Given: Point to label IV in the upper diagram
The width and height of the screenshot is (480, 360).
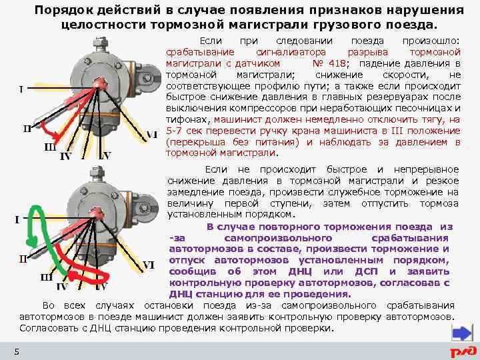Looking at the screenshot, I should pos(66,157).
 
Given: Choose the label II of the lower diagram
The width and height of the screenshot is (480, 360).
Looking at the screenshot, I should pos(23,258).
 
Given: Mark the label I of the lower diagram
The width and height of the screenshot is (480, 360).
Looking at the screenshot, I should pos(17,219).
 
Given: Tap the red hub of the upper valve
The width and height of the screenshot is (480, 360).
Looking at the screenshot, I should pos(102,82).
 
